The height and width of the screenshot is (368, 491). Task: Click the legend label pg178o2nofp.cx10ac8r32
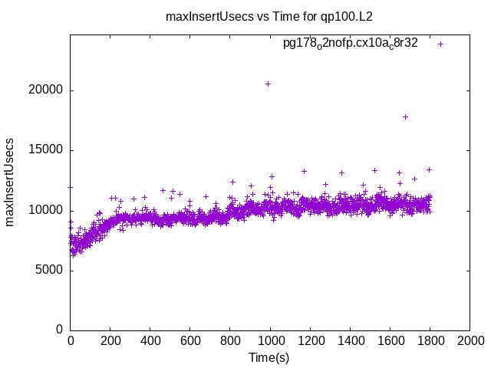click(x=351, y=44)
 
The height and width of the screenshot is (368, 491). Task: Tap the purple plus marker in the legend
click(x=441, y=44)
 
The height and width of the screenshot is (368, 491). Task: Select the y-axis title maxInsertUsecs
click(x=11, y=182)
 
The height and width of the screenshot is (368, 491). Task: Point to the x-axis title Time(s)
click(x=269, y=357)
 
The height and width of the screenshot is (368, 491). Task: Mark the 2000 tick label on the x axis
click(x=470, y=340)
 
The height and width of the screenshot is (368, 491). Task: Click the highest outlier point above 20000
click(x=268, y=84)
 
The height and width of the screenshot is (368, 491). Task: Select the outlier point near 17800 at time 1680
click(x=405, y=117)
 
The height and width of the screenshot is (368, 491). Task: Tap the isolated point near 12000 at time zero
click(x=71, y=186)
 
